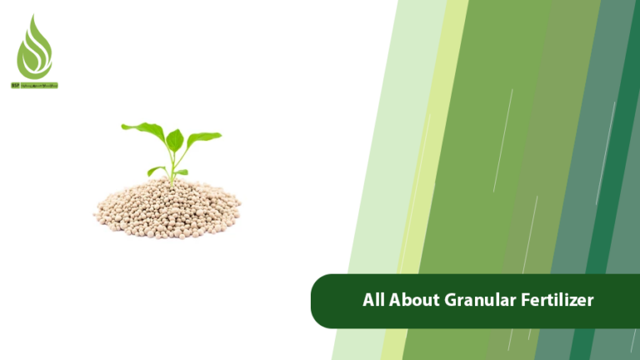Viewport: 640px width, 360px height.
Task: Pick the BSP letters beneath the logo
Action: (x=15, y=85)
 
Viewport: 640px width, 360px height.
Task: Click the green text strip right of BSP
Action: (x=39, y=85)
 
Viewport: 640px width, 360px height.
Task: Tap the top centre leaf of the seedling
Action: (x=174, y=138)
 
